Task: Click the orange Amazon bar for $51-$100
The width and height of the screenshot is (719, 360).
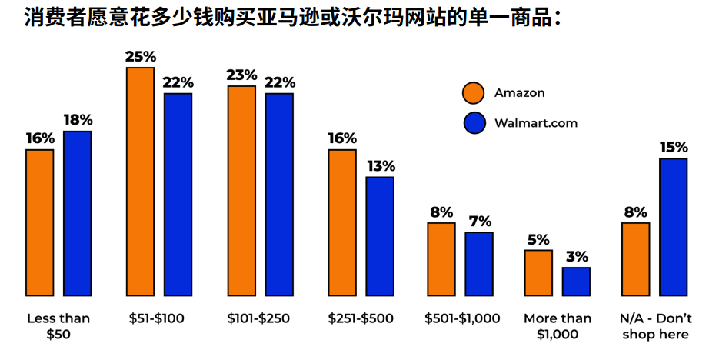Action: coord(140,182)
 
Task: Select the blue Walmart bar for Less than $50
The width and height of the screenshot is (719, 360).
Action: coord(77,213)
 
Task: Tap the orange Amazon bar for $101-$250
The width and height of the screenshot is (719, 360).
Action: coord(241,191)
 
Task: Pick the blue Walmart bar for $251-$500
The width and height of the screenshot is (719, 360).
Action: coord(380,236)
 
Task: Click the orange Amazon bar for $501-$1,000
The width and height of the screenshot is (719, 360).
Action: coord(441,259)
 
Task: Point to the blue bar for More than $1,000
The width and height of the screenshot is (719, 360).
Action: coord(576,282)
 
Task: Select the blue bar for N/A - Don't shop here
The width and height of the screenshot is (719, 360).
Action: coord(673,227)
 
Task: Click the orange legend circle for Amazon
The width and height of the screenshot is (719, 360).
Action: coord(474,93)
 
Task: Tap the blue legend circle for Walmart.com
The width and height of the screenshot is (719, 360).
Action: coord(474,123)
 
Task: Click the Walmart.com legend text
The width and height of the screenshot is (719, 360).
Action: coord(536,123)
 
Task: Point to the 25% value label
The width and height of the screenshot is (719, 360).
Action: coord(141,56)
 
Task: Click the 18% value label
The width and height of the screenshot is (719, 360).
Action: coord(77,120)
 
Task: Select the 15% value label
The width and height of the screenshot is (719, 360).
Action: coord(673,147)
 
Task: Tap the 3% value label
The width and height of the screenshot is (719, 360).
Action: coord(576,257)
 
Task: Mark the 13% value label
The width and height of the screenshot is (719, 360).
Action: coord(380,166)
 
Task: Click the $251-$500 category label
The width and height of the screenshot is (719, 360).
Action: coord(358,318)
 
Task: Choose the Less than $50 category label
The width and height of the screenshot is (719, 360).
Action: coord(58,326)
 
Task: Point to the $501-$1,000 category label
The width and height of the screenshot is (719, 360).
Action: coord(462,318)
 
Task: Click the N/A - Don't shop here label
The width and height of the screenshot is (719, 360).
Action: coord(656,326)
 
